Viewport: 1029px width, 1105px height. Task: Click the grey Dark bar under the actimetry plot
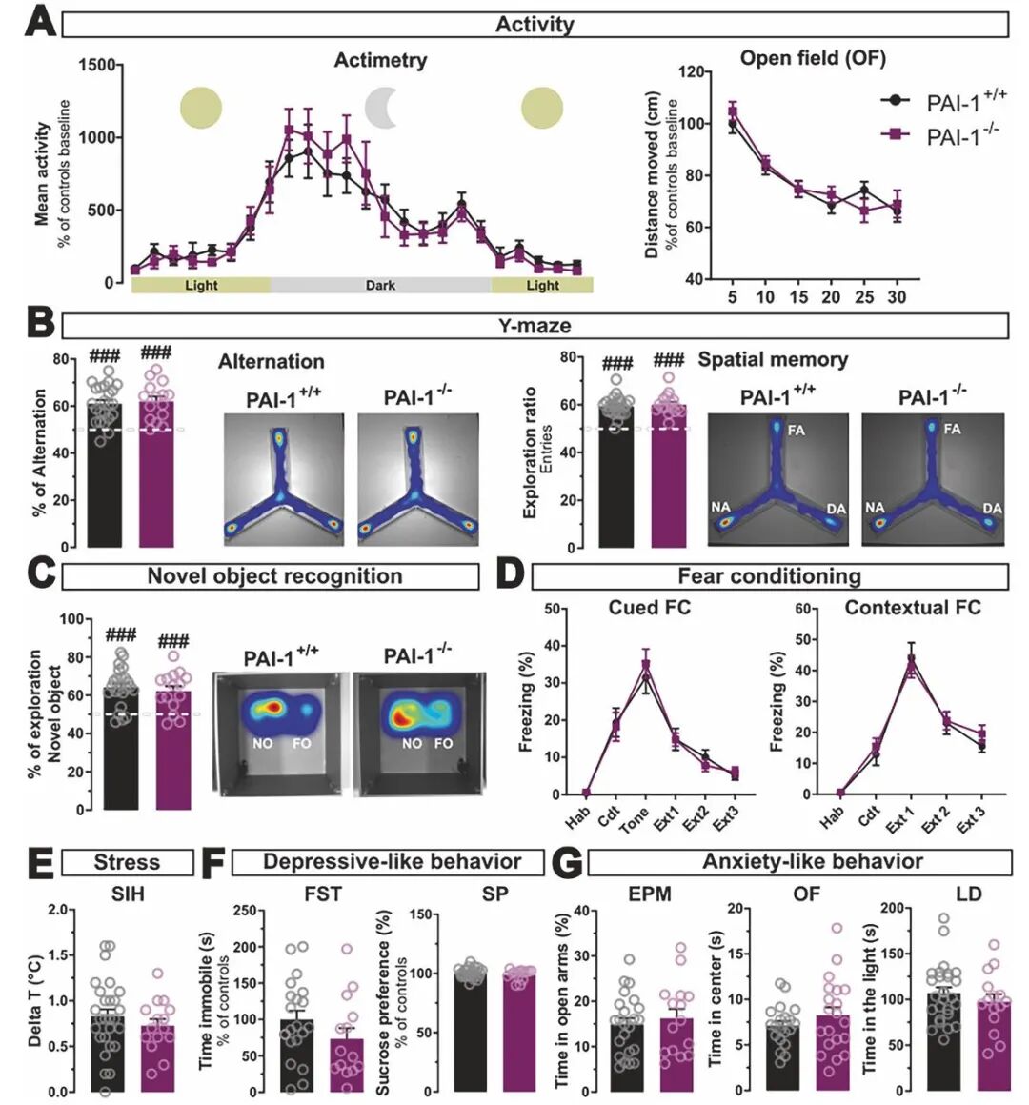tap(380, 285)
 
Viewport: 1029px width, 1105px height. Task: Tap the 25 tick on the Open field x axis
tap(864, 297)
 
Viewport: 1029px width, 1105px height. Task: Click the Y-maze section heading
tap(535, 326)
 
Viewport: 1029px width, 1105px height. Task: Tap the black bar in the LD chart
tap(944, 1042)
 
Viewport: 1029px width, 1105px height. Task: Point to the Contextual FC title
tap(912, 608)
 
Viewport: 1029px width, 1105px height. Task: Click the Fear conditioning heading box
tap(769, 576)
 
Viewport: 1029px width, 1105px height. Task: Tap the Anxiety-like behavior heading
tap(812, 862)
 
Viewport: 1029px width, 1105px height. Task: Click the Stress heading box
tap(127, 863)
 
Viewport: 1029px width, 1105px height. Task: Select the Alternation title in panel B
tap(271, 362)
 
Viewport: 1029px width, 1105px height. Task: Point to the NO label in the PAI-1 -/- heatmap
tap(413, 743)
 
